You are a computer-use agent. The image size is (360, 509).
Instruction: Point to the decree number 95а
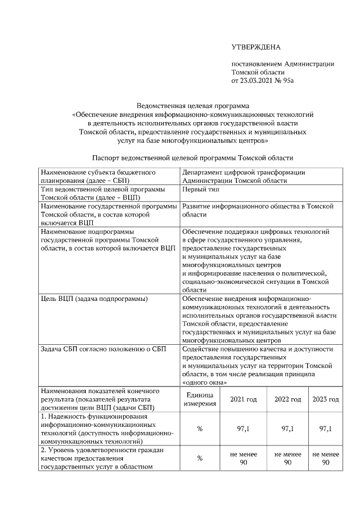(289, 80)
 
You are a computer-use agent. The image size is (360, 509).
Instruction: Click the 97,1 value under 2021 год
(244, 429)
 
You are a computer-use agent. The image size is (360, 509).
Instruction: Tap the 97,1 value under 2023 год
(325, 429)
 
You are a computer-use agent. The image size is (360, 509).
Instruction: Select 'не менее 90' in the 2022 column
(287, 458)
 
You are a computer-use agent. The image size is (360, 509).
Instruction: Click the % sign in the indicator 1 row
(200, 429)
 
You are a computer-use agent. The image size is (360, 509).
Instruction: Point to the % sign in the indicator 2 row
(200, 458)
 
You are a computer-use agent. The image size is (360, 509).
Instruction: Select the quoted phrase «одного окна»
(205, 382)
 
